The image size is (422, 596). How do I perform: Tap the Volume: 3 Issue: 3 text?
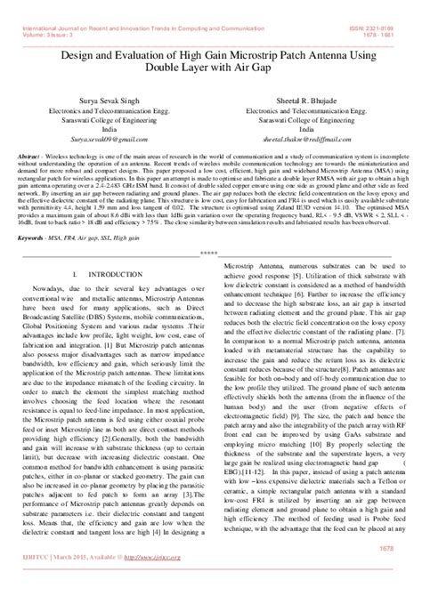point(34,12)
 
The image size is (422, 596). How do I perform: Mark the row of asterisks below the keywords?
point(211,252)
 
